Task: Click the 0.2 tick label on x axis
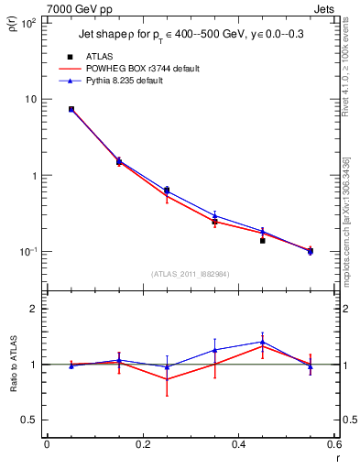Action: point(142,444)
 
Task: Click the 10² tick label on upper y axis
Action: point(29,23)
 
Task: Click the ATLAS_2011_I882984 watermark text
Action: point(190,274)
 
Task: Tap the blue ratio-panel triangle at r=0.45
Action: point(262,342)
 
